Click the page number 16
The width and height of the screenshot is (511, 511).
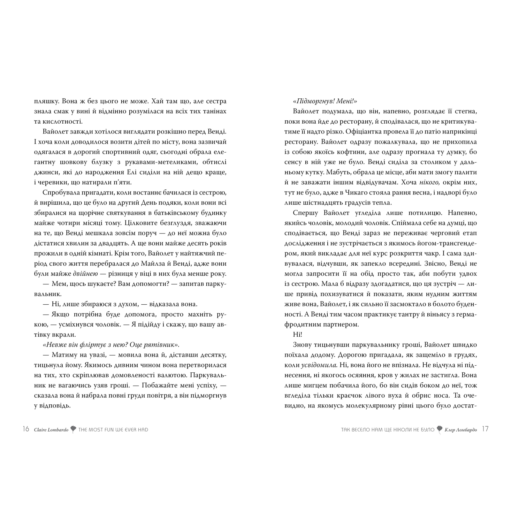click(26, 429)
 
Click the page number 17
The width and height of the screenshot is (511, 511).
click(485, 429)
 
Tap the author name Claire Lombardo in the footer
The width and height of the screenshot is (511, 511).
click(51, 430)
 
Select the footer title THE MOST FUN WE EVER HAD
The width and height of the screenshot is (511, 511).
click(113, 430)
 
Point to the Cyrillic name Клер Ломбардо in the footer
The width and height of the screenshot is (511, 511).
click(461, 430)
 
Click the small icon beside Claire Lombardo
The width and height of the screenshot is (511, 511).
click(73, 429)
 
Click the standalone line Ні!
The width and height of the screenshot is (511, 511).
click(297, 334)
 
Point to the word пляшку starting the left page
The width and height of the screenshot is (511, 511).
click(45, 101)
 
